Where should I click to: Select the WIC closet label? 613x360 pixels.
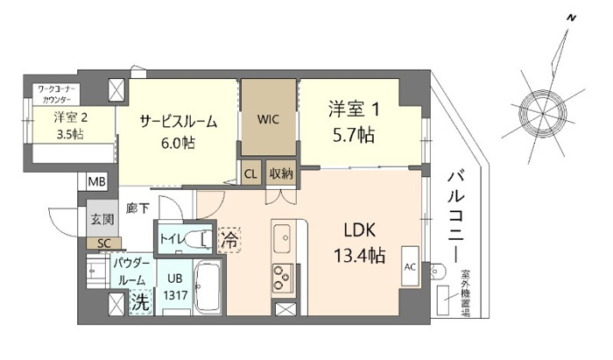click(269, 120)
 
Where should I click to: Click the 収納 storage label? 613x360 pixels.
click(280, 173)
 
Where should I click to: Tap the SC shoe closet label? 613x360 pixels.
click(103, 243)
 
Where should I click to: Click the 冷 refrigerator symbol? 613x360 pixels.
click(228, 238)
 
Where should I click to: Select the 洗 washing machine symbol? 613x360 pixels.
click(140, 303)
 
